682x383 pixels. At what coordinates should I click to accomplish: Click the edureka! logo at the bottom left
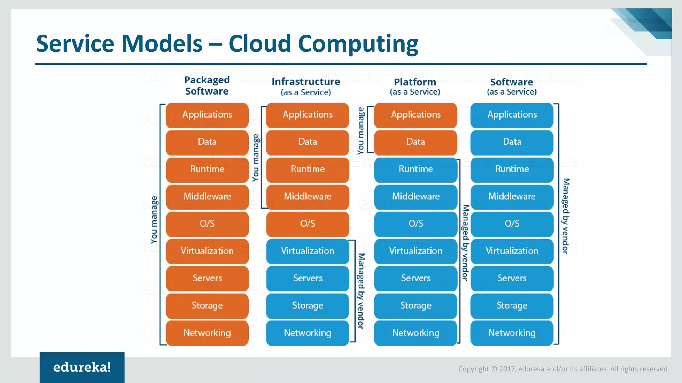82,367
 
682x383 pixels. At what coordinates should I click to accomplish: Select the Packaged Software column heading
207,85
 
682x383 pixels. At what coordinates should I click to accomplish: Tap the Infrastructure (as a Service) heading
306,86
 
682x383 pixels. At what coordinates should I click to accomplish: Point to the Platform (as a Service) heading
415,86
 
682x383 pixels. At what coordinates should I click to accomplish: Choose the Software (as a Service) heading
512,86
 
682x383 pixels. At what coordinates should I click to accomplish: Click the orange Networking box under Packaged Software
207,333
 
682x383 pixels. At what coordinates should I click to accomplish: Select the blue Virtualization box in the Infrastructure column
307,251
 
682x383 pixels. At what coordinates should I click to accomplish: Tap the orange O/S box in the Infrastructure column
307,224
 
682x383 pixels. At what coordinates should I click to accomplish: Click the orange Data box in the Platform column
415,142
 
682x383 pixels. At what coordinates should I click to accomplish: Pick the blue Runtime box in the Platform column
415,169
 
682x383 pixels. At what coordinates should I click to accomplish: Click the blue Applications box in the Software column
512,115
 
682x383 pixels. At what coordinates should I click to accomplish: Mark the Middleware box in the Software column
512,196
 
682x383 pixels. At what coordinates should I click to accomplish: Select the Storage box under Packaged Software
207,306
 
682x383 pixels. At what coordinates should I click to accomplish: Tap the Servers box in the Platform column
415,278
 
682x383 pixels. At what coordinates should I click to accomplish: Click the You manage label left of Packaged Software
154,220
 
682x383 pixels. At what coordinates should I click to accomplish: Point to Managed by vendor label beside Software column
566,216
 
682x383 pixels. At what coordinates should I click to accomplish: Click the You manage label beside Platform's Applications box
361,131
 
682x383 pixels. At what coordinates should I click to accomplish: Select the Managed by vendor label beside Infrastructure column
361,291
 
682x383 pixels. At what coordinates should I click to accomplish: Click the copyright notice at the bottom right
563,369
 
